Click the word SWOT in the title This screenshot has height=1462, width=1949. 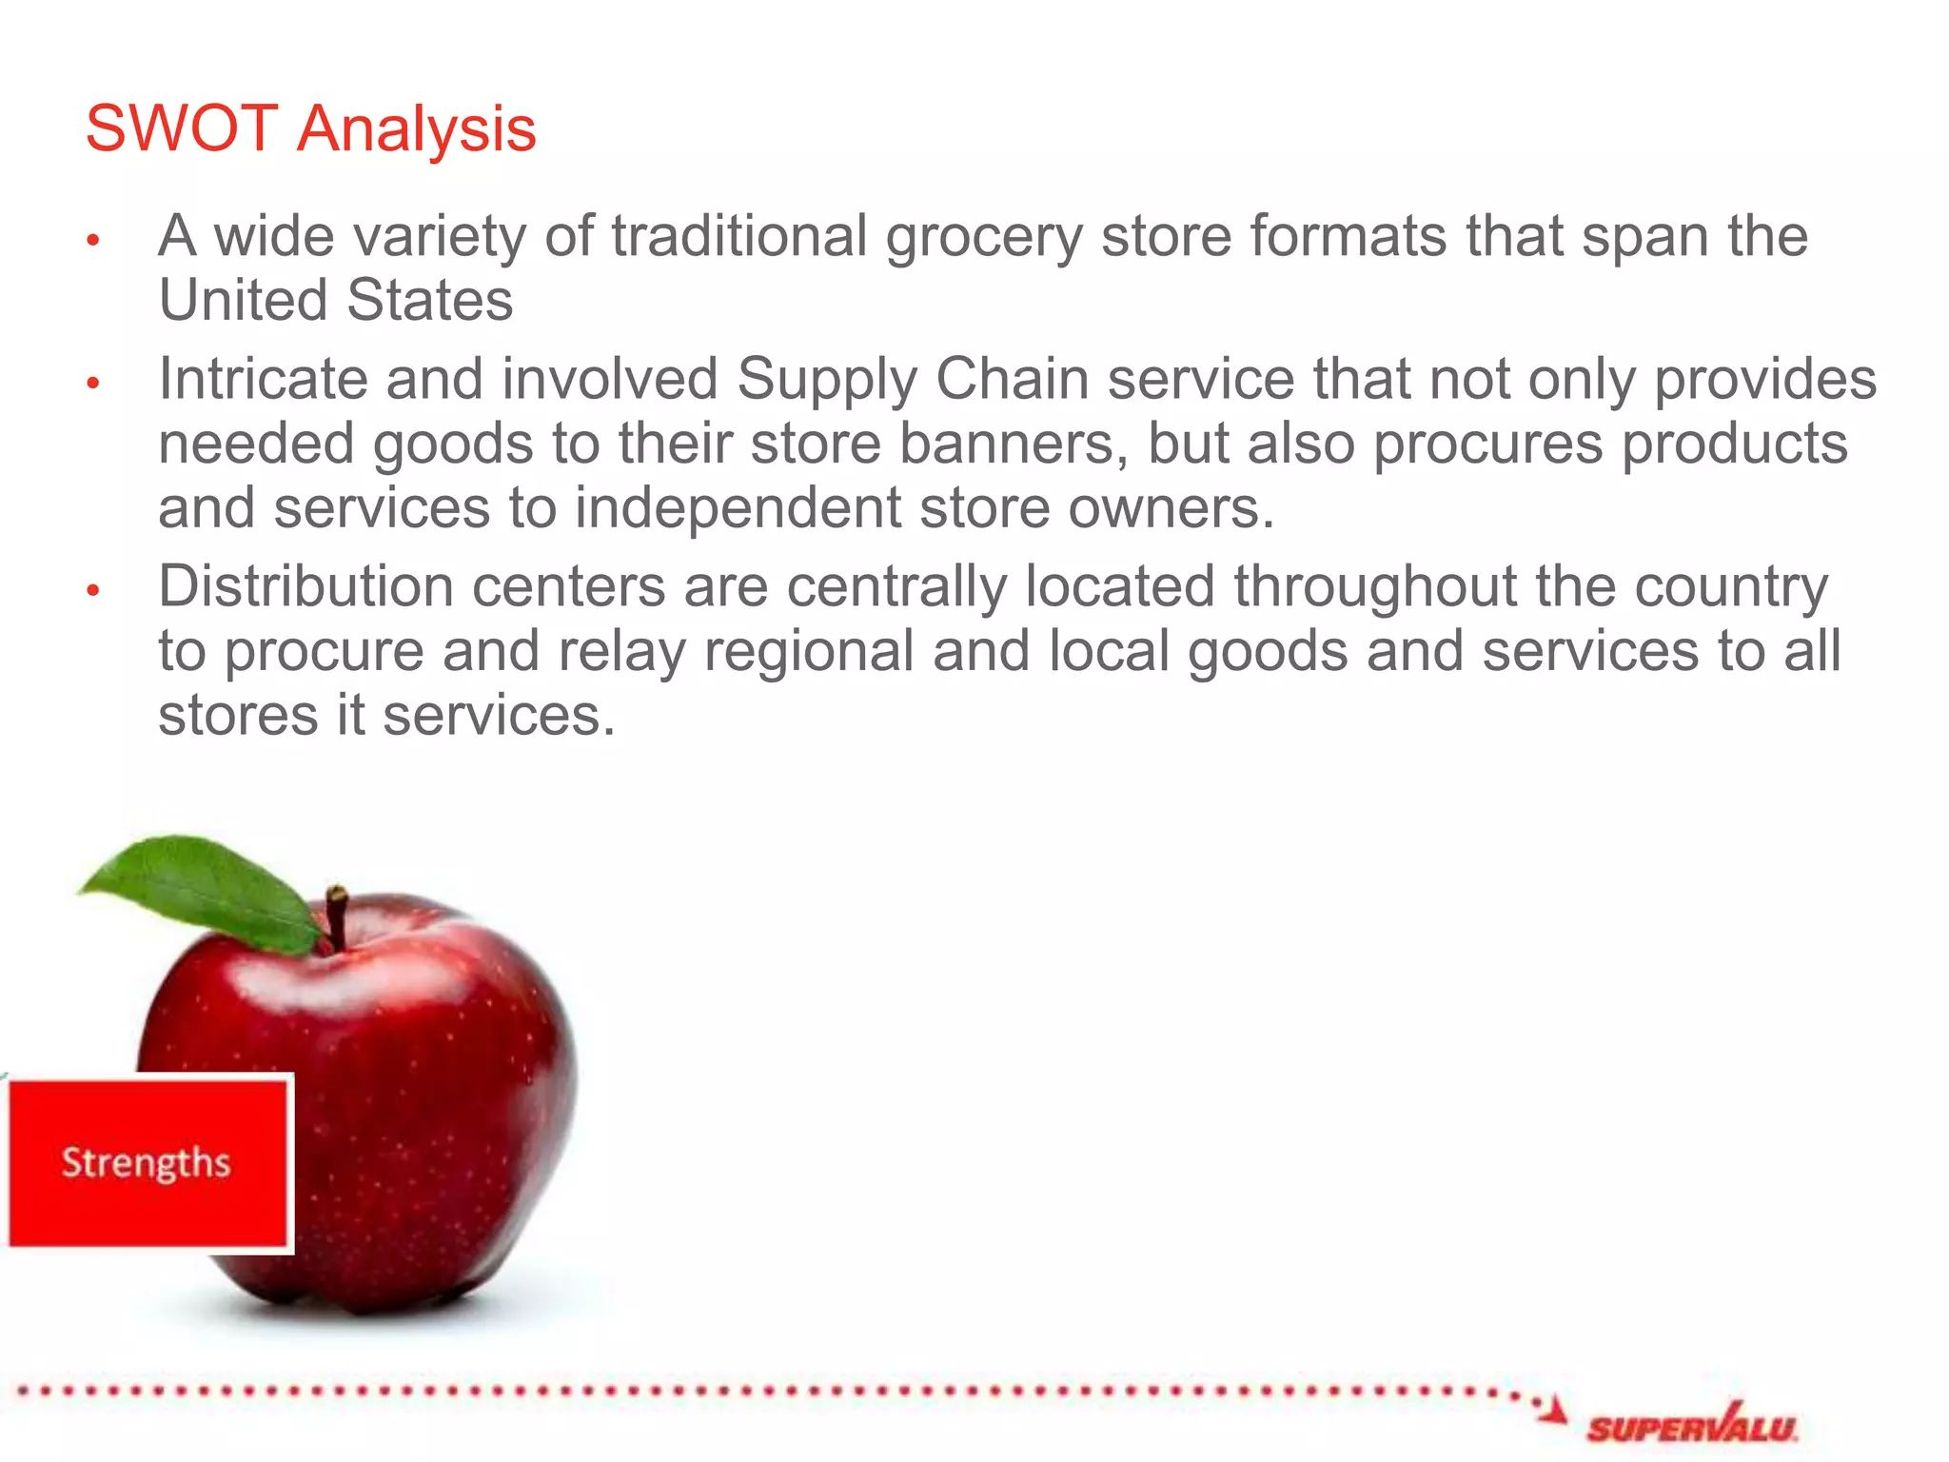pos(182,128)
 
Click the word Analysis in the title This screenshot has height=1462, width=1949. pos(416,130)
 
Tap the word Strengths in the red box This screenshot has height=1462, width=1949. pos(146,1163)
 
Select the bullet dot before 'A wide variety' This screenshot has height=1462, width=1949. pos(93,240)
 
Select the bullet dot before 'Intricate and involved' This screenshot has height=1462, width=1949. pos(93,384)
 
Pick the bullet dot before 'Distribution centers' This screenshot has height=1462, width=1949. pos(93,590)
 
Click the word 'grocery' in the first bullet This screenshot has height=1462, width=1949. pos(984,238)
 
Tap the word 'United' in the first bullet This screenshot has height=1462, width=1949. pos(244,301)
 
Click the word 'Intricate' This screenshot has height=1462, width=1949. pos(263,379)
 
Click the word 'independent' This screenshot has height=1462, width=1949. pos(738,508)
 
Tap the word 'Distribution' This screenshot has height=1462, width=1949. pos(305,586)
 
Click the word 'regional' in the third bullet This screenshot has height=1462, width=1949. pos(808,652)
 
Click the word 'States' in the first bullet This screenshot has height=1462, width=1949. pos(430,301)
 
